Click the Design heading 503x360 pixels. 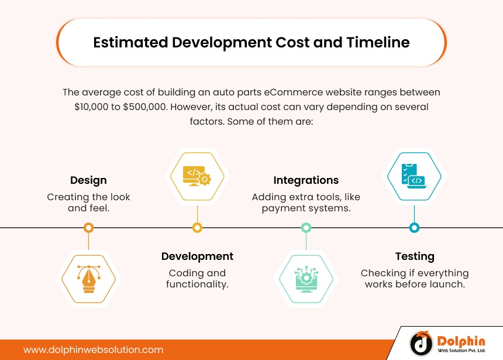tap(88, 180)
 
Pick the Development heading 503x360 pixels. tap(197, 256)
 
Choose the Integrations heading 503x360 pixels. tap(306, 180)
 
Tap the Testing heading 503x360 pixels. tap(415, 256)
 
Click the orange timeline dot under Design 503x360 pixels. tap(88, 227)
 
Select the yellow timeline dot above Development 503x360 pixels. tap(197, 227)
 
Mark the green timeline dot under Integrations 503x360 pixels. tap(306, 227)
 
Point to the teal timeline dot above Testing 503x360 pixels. tap(415, 227)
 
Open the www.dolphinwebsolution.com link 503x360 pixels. tap(93, 349)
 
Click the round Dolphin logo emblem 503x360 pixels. tap(421, 344)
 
